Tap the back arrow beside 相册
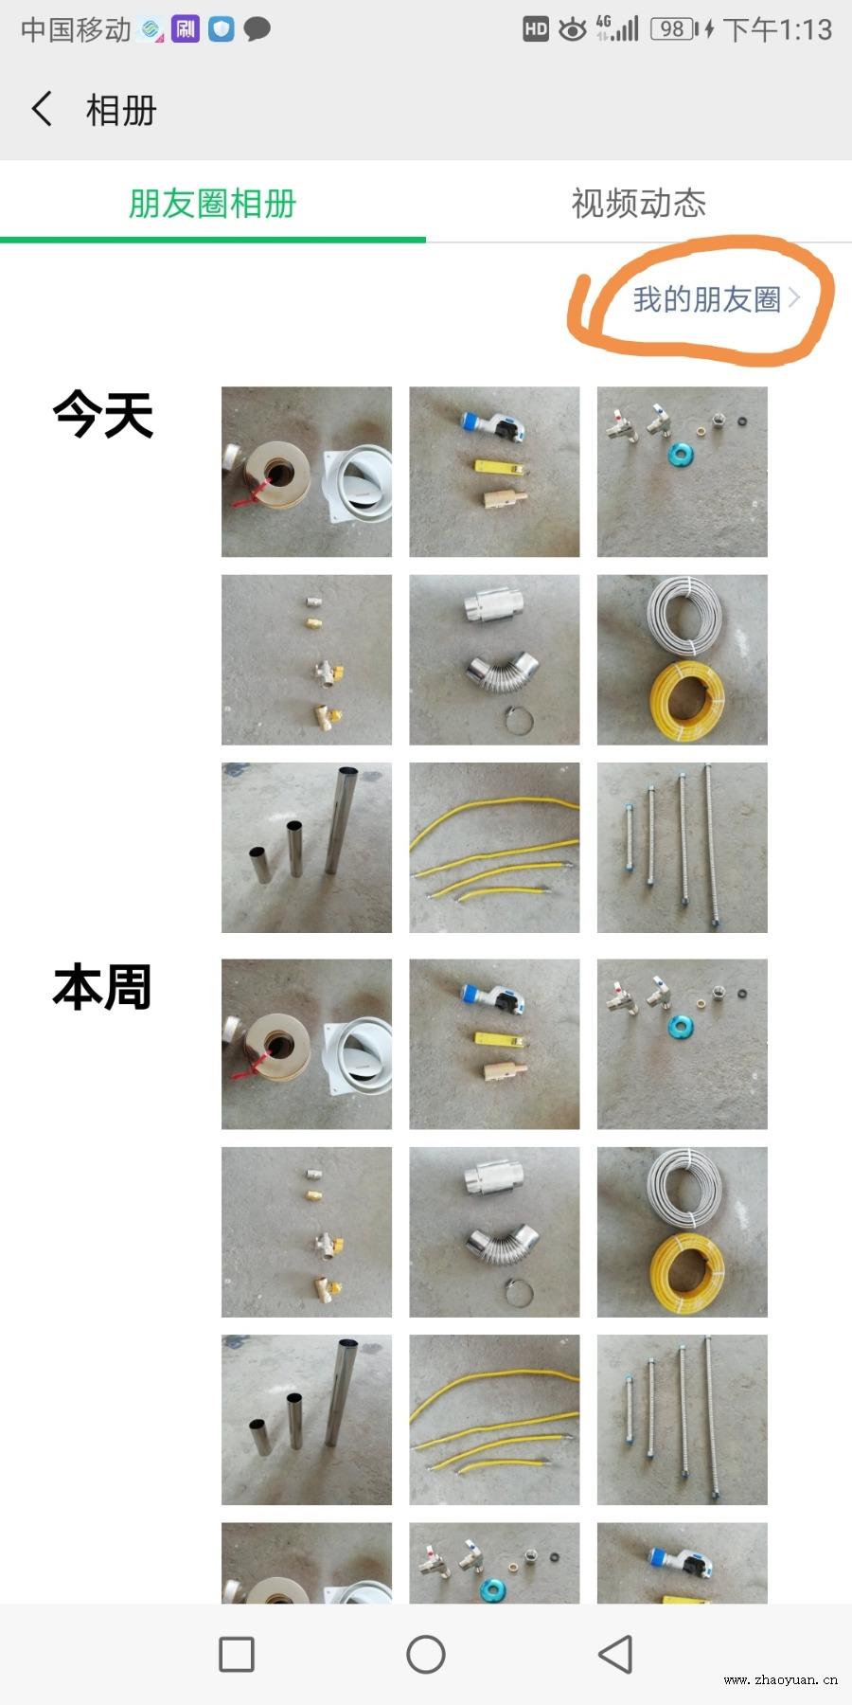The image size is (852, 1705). tap(42, 109)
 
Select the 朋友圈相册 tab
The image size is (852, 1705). tap(213, 203)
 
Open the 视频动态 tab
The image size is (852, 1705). tap(639, 203)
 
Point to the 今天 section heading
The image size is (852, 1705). tap(103, 414)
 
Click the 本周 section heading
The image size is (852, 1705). tap(102, 987)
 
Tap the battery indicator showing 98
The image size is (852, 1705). tap(674, 29)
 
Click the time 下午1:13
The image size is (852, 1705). tap(778, 29)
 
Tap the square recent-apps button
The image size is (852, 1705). tap(237, 1655)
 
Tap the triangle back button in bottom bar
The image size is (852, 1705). tap(615, 1655)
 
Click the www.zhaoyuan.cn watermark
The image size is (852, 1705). tap(780, 1679)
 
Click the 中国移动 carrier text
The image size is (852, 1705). tap(76, 29)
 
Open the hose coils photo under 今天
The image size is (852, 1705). tap(683, 659)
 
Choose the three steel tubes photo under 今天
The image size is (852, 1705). tap(307, 848)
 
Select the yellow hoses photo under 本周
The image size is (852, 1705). tap(494, 1420)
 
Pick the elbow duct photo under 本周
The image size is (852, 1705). tap(494, 1232)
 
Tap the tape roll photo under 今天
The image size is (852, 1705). tap(307, 472)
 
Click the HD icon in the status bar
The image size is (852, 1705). tap(536, 29)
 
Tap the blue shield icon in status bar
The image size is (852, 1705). tap(222, 29)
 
